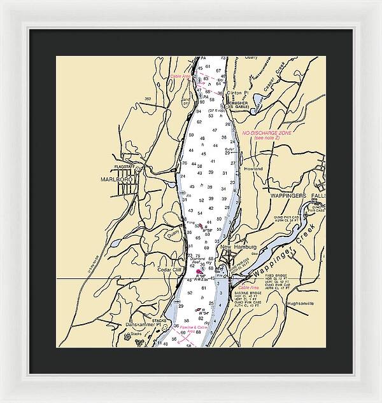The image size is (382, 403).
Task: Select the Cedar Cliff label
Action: (x=169, y=270)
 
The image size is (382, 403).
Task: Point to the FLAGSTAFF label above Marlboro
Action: (x=125, y=167)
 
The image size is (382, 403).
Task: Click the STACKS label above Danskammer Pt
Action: (x=159, y=320)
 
